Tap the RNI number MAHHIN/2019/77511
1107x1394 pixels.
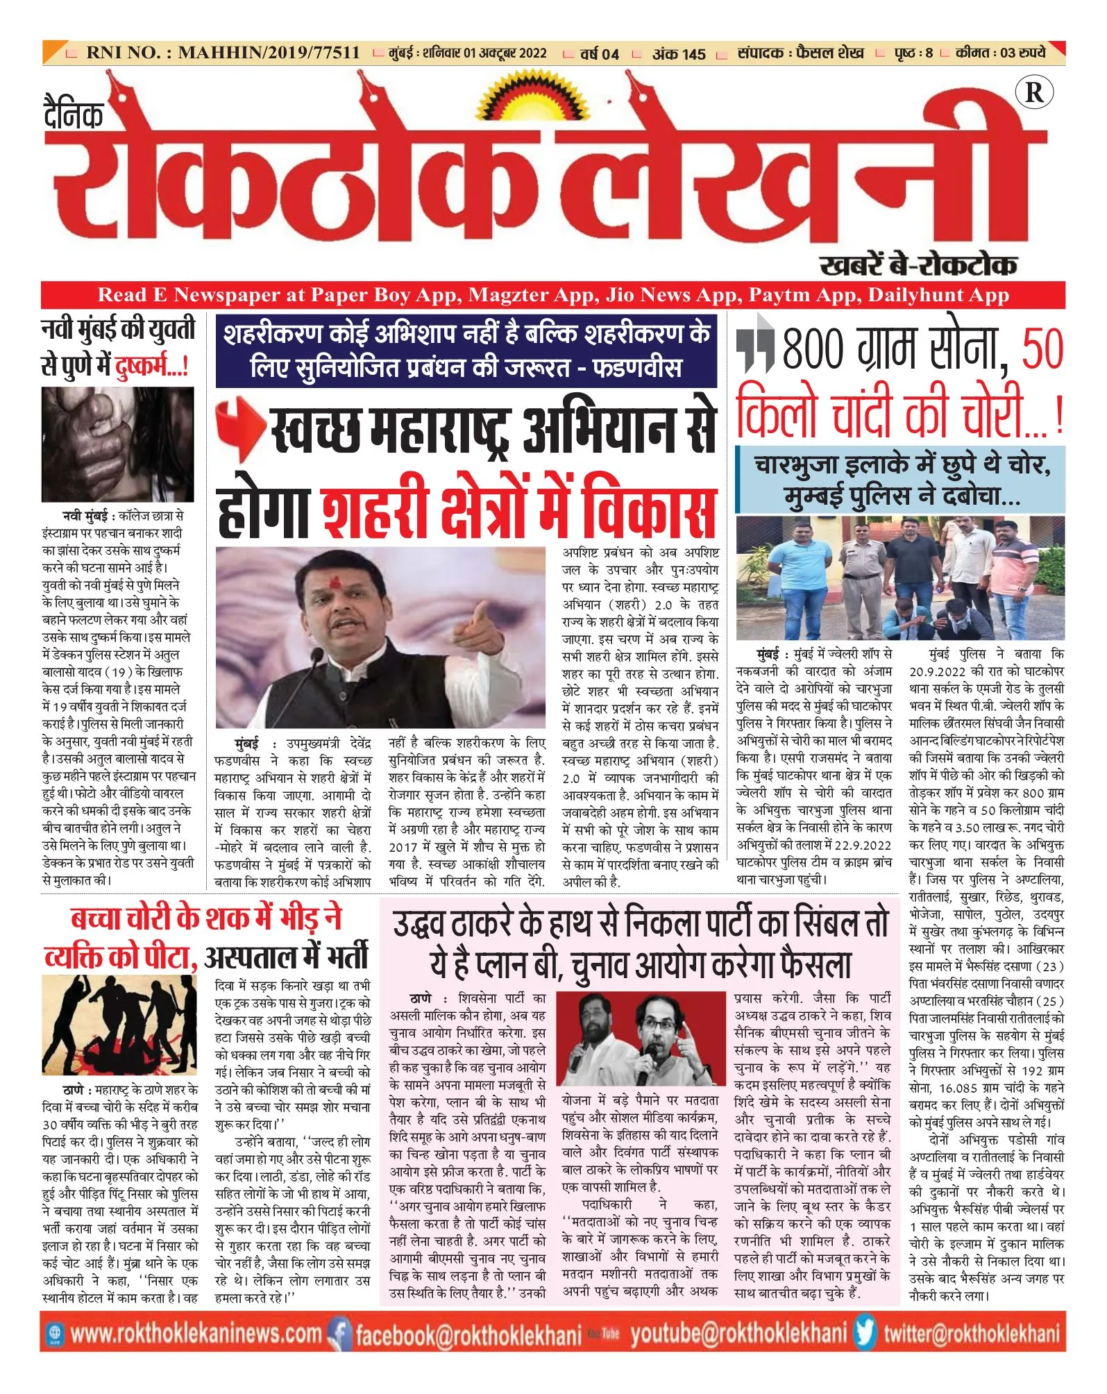(x=268, y=52)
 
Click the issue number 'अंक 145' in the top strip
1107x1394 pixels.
(x=678, y=53)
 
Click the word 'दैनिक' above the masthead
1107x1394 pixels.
(x=73, y=115)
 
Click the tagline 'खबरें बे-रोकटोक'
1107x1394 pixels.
(x=918, y=264)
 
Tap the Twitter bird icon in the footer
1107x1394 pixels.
(x=865, y=1332)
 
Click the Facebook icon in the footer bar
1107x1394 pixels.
(x=339, y=1334)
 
